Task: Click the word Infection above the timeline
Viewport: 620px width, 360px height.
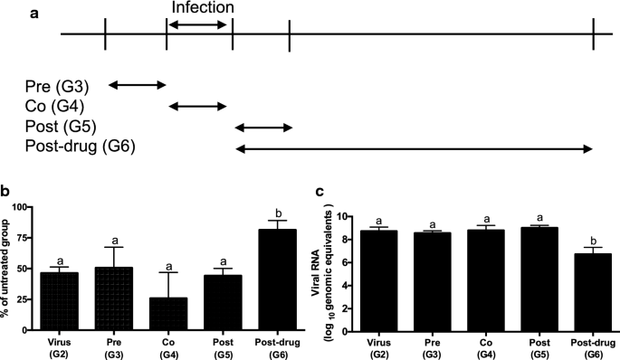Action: pyautogui.click(x=199, y=8)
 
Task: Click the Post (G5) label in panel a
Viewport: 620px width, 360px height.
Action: pyautogui.click(x=61, y=126)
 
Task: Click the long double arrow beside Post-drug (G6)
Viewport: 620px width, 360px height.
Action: pyautogui.click(x=414, y=147)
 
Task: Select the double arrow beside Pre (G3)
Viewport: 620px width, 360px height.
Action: pyautogui.click(x=137, y=86)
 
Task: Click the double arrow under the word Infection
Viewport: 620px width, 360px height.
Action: pyautogui.click(x=199, y=24)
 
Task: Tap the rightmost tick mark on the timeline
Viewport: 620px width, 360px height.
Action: pyautogui.click(x=593, y=34)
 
